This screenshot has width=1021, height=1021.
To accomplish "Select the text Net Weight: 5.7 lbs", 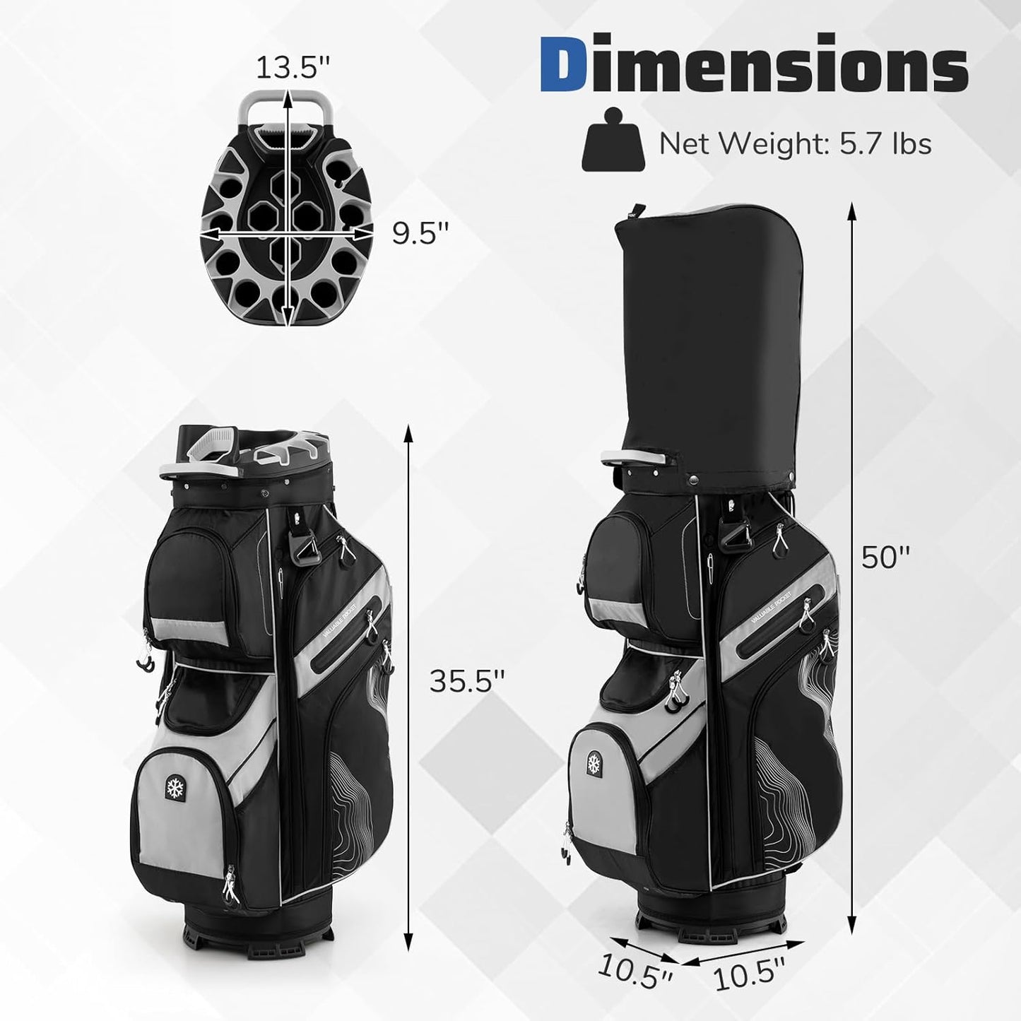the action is click(x=796, y=143).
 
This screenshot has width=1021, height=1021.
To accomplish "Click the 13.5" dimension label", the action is click(x=293, y=67).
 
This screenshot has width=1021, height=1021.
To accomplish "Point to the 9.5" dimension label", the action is click(x=420, y=233).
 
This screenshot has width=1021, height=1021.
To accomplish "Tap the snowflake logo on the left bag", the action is click(x=173, y=788).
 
